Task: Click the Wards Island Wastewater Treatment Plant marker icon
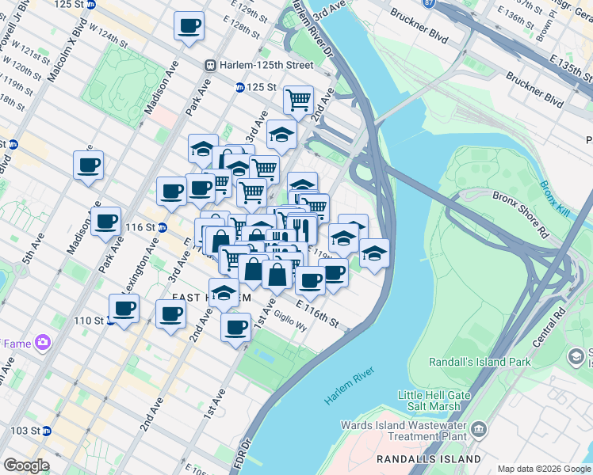coord(479,429)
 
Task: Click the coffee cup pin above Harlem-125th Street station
coord(189,26)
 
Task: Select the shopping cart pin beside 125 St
coord(297,101)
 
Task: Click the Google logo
coord(26,465)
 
